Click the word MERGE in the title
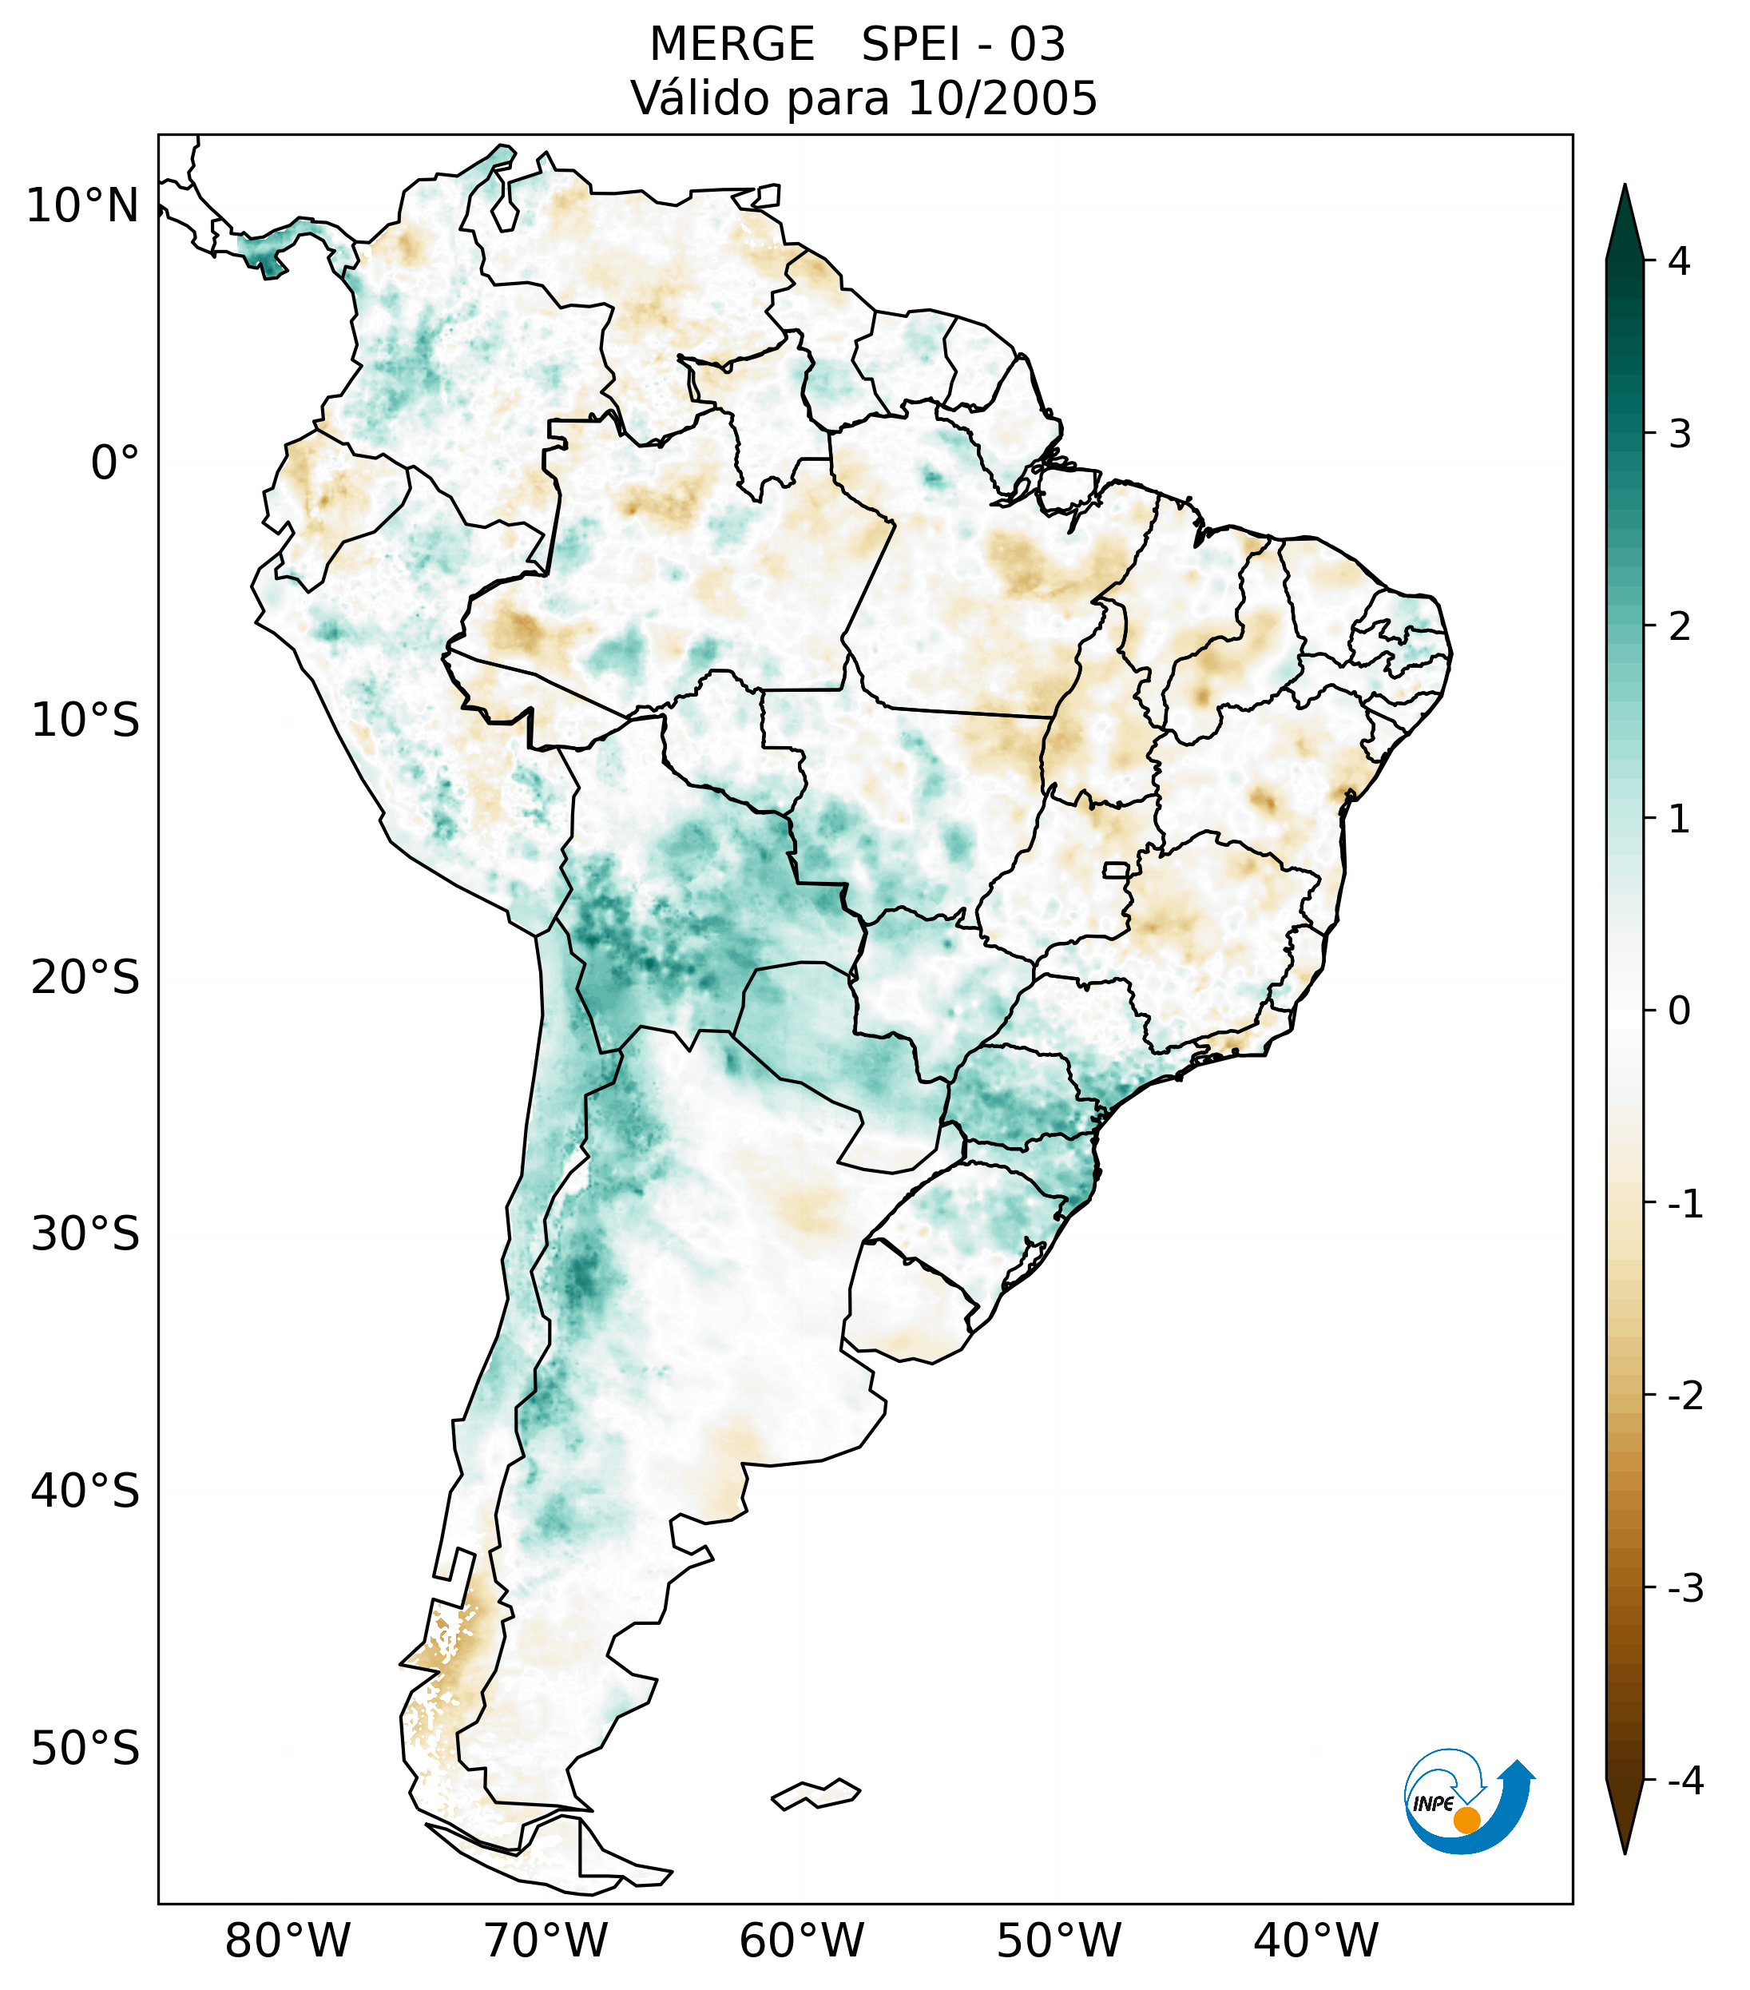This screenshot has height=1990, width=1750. click(731, 45)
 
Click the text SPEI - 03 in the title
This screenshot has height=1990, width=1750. click(962, 45)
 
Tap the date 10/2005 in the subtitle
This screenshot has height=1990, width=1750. click(1002, 98)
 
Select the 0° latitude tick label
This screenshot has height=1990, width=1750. click(114, 463)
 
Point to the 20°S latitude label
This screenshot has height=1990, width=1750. click(85, 978)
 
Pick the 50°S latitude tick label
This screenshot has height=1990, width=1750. click(85, 1749)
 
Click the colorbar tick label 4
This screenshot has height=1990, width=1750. click(1679, 261)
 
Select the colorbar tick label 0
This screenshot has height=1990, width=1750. click(1679, 1011)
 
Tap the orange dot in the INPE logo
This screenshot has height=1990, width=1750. click(1466, 1820)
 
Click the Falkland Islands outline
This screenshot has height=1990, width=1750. click(815, 1793)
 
